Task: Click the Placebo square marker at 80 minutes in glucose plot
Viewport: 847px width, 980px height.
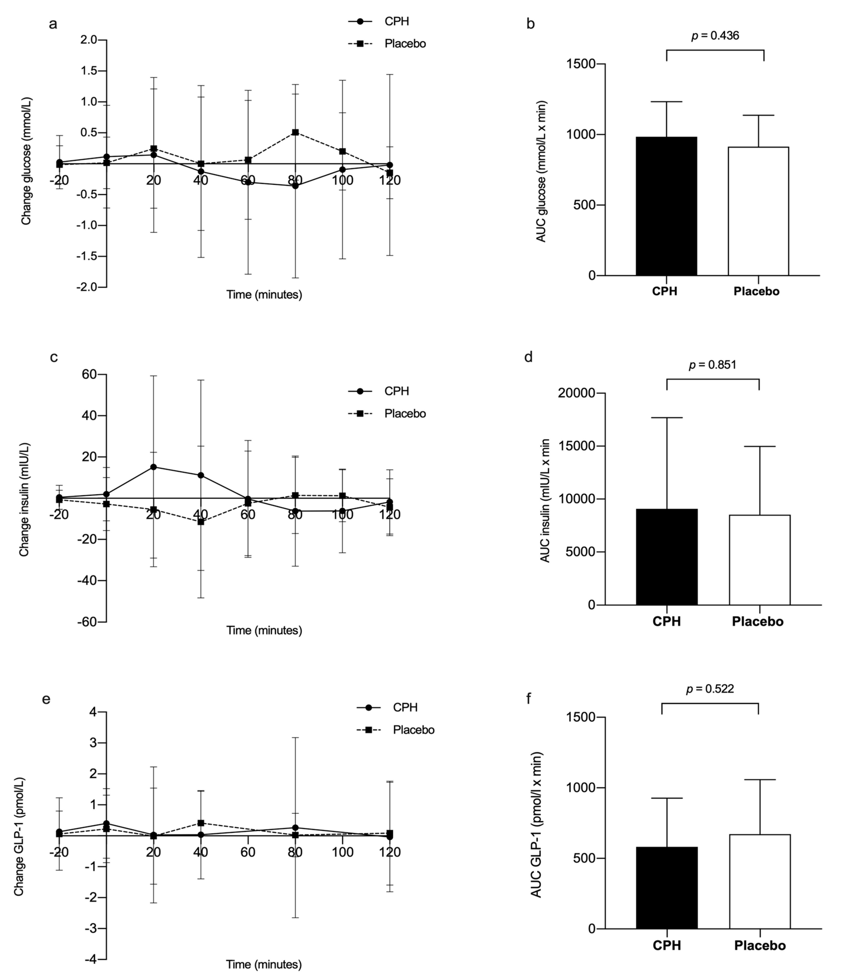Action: click(x=295, y=132)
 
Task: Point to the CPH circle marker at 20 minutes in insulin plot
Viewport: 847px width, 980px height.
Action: click(x=153, y=467)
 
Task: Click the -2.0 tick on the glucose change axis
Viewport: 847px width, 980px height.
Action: click(x=87, y=287)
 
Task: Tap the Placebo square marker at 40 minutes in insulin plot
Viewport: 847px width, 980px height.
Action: click(x=201, y=522)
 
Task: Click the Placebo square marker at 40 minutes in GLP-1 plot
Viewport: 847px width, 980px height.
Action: click(x=201, y=823)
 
